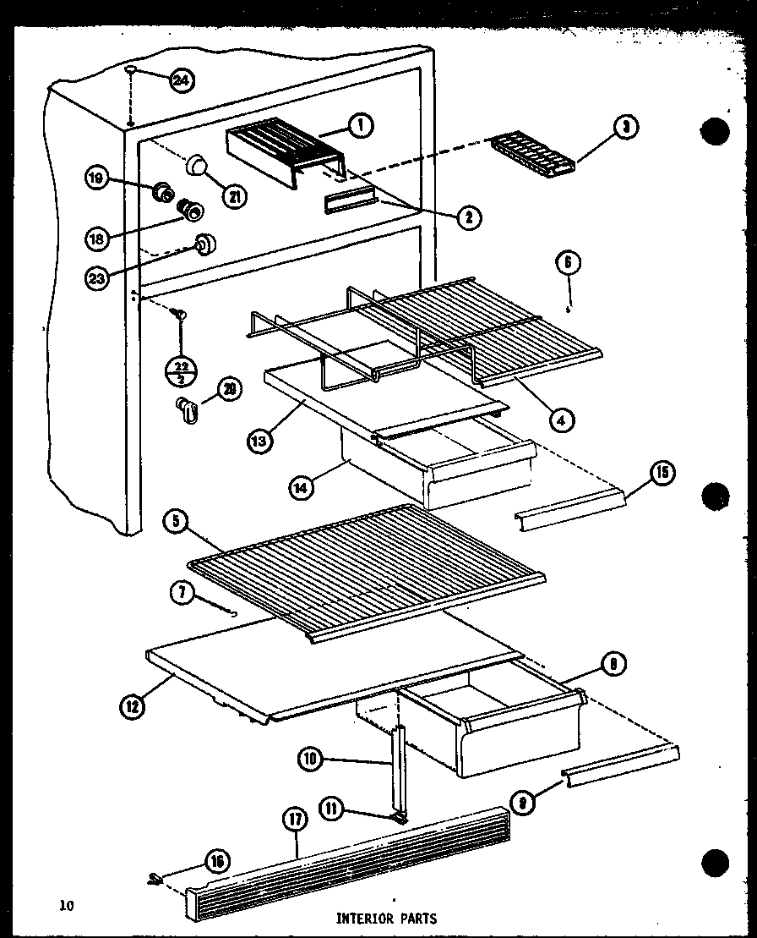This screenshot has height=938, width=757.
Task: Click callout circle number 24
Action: [181, 80]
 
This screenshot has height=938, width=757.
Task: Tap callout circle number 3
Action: [625, 129]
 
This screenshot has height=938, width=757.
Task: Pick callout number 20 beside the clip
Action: [229, 389]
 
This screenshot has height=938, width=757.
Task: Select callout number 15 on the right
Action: [662, 473]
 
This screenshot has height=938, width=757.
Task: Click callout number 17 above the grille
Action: [296, 820]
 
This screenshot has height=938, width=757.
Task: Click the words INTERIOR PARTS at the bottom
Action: [387, 917]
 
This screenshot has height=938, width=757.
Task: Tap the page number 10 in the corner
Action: [67, 906]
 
